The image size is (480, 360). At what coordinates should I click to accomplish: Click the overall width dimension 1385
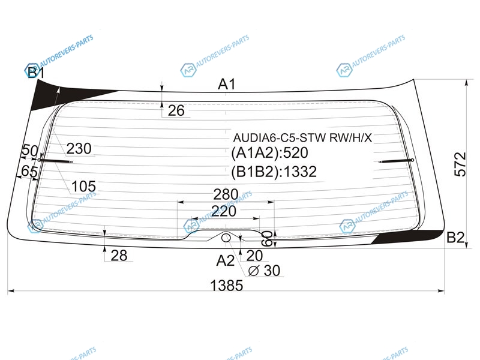(227, 286)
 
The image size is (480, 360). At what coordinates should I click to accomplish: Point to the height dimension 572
(460, 164)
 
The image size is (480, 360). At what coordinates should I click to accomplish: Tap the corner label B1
(36, 73)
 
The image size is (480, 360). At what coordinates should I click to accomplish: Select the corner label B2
(455, 237)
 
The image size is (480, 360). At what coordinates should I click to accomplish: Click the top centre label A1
(227, 84)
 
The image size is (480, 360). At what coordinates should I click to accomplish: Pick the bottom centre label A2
(226, 260)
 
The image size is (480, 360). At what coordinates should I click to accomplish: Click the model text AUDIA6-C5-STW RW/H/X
(302, 138)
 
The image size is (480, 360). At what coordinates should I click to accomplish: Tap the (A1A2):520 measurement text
(269, 153)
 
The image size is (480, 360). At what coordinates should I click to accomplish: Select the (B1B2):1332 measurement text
(274, 172)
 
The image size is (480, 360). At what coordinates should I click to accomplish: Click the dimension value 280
(226, 194)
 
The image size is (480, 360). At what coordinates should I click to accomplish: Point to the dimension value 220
(224, 211)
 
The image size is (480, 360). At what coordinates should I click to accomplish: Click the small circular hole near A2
(226, 237)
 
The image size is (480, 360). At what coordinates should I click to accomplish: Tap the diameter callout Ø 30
(264, 271)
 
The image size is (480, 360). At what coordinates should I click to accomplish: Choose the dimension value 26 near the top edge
(176, 110)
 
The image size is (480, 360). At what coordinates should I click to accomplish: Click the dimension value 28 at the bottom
(119, 256)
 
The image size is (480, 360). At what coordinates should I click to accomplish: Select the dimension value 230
(79, 149)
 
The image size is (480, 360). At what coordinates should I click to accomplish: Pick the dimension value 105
(83, 186)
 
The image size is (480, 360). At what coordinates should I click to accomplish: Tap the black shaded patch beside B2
(408, 237)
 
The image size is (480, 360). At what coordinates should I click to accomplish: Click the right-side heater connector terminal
(397, 161)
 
